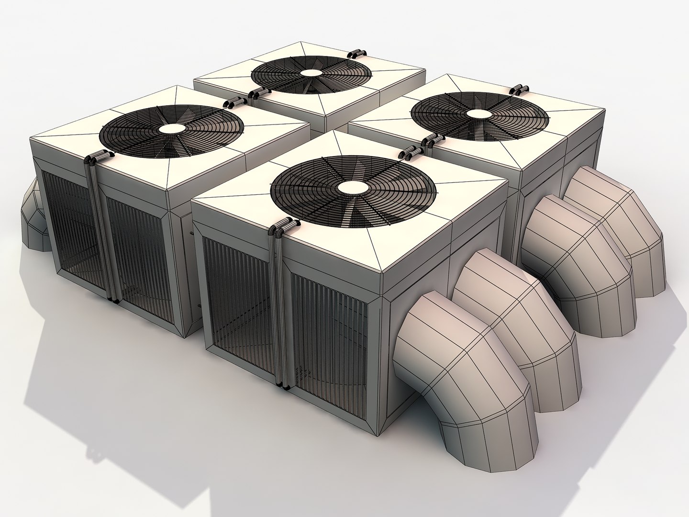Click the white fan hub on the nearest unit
(x=353, y=187)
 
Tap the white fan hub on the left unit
(x=172, y=128)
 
